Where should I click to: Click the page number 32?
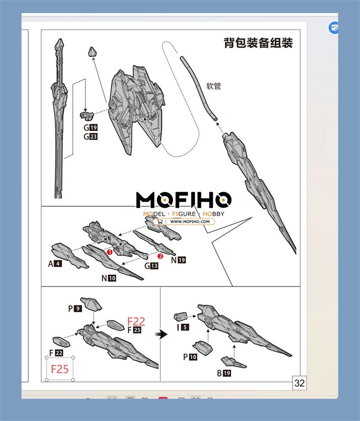299,383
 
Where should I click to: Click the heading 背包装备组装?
258,43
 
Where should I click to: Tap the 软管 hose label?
214,86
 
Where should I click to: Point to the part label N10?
108,278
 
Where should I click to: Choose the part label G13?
152,266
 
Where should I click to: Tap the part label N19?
178,260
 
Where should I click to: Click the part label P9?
75,309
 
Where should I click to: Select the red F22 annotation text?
136,321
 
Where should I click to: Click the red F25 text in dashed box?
60,369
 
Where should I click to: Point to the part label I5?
183,327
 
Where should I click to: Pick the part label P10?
189,357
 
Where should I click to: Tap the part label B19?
224,373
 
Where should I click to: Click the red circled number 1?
109,252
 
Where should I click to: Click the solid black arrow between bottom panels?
161,334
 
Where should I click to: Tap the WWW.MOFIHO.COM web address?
190,221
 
